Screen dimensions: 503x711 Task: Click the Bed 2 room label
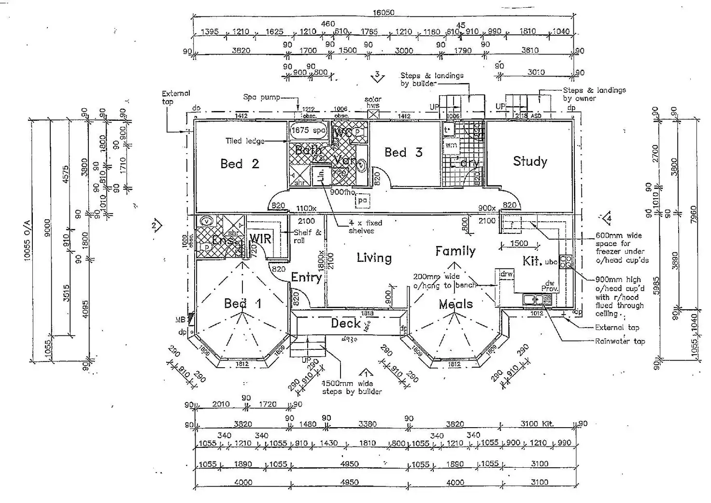pyautogui.click(x=240, y=164)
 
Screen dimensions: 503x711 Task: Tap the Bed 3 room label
pyautogui.click(x=403, y=153)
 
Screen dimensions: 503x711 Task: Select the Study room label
pyautogui.click(x=530, y=161)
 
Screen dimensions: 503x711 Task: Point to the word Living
pyautogui.click(x=374, y=258)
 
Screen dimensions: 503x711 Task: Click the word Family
pyautogui.click(x=455, y=251)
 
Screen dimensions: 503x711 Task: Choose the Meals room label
pyautogui.click(x=455, y=304)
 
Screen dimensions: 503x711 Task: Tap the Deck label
pyautogui.click(x=346, y=323)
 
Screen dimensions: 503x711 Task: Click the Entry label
pyautogui.click(x=306, y=277)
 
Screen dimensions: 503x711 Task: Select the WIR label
pyautogui.click(x=260, y=239)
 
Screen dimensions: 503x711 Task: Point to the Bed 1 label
pyautogui.click(x=242, y=303)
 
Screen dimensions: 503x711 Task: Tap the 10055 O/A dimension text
pyautogui.click(x=27, y=240)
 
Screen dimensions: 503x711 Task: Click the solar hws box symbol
pyautogui.click(x=373, y=115)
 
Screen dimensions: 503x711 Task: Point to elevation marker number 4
pyautogui.click(x=608, y=218)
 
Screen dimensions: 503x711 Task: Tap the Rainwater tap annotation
pyautogui.click(x=620, y=341)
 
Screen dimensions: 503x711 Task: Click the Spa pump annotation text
pyautogui.click(x=261, y=97)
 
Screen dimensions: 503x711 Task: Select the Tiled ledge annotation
pyautogui.click(x=245, y=141)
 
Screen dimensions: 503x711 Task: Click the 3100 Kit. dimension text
pyautogui.click(x=537, y=424)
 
